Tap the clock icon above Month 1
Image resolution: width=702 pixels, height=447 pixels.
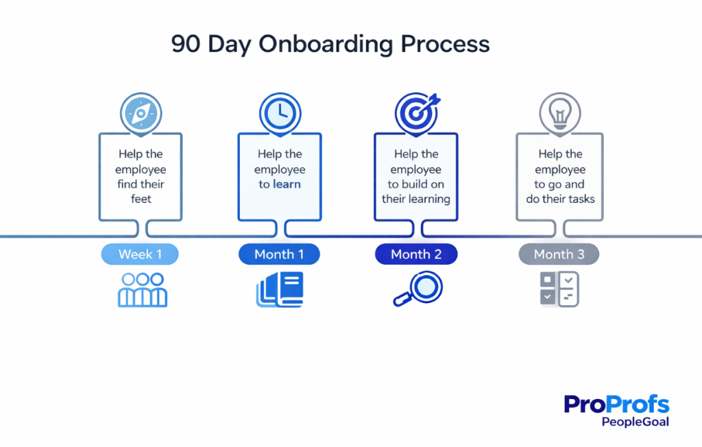279,112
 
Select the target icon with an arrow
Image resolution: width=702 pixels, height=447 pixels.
415,112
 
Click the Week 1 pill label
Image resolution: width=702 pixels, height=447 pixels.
140,254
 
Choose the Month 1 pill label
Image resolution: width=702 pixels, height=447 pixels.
279,254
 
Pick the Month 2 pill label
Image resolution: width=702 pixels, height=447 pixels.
416,254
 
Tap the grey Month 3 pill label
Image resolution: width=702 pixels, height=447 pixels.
559,254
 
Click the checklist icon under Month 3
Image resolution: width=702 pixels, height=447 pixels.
559,289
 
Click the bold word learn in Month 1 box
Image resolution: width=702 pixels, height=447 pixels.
287,184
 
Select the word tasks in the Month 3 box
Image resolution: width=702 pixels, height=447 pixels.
579,199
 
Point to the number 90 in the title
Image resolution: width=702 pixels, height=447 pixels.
185,45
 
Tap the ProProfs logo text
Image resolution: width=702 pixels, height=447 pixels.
616,404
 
